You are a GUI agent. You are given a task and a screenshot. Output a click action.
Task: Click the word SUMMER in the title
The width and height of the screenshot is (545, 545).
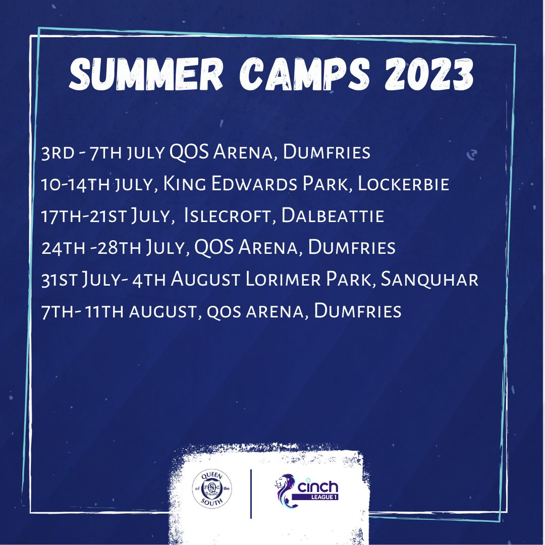point(146,74)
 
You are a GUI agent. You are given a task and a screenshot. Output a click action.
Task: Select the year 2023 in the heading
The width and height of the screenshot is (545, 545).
point(429,74)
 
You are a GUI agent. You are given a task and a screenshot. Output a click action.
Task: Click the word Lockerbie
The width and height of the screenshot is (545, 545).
point(404,184)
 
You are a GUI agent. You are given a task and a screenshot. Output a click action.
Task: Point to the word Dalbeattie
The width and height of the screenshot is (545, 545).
point(333,215)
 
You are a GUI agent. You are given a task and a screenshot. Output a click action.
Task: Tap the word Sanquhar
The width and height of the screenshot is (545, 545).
point(429,280)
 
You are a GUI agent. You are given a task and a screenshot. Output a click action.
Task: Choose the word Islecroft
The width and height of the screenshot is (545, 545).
point(227,215)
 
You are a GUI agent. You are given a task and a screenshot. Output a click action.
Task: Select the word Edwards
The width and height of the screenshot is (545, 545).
point(254,184)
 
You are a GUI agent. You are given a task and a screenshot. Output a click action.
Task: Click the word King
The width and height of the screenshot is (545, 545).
point(184,184)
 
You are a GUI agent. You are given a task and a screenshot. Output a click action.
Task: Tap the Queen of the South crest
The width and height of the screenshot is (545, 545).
point(211,488)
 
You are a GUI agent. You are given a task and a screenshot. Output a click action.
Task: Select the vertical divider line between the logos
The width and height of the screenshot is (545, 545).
point(251,494)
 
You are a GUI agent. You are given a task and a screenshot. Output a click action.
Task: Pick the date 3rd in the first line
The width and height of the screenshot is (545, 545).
point(58,152)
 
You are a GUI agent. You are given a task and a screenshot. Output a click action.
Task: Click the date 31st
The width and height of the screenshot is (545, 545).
point(59,280)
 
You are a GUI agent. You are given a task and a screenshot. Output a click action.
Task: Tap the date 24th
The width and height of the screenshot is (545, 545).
point(63,247)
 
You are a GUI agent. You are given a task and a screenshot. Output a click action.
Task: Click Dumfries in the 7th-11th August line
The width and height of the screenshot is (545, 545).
point(358,311)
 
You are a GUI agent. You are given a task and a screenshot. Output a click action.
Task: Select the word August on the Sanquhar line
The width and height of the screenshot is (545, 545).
point(205,280)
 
